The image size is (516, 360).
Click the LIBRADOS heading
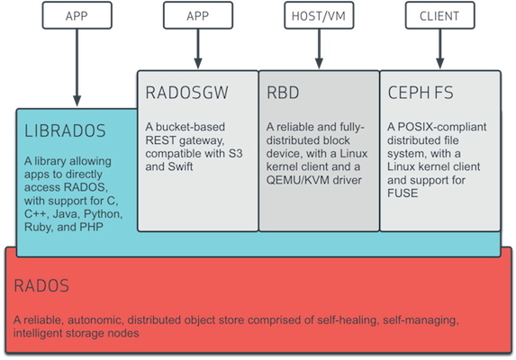pyautogui.click(x=65, y=131)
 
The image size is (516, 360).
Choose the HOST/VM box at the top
pyautogui.click(x=318, y=16)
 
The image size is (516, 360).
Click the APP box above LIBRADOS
pyautogui.click(x=77, y=16)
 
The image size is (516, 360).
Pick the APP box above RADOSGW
pyautogui.click(x=197, y=16)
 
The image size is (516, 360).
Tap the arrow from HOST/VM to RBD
pyautogui.click(x=318, y=49)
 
